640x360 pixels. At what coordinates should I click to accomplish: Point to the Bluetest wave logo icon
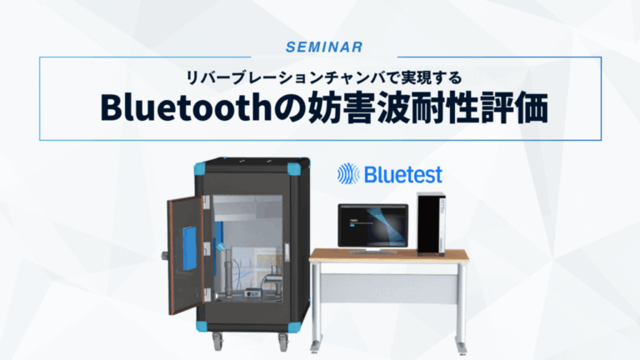tap(347, 173)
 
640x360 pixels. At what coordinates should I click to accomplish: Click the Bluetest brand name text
tap(402, 174)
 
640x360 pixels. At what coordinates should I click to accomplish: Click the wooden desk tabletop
tap(388, 256)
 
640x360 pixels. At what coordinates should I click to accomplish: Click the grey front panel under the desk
tap(388, 287)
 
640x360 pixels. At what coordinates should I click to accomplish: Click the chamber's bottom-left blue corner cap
tap(200, 323)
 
